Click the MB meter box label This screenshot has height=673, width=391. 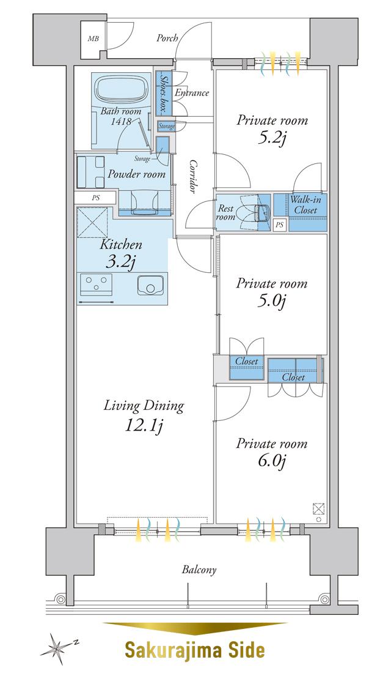click(93, 39)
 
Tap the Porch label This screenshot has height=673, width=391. click(167, 38)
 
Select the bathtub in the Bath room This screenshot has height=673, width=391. click(122, 89)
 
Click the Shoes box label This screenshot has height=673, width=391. click(163, 93)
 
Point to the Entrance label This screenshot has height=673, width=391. click(192, 93)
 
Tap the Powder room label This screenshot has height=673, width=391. click(136, 174)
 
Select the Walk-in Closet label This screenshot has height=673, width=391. click(305, 205)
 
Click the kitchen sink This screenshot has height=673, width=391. click(150, 286)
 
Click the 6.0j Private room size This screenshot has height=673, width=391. click(271, 461)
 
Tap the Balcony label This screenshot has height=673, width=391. click(199, 570)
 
